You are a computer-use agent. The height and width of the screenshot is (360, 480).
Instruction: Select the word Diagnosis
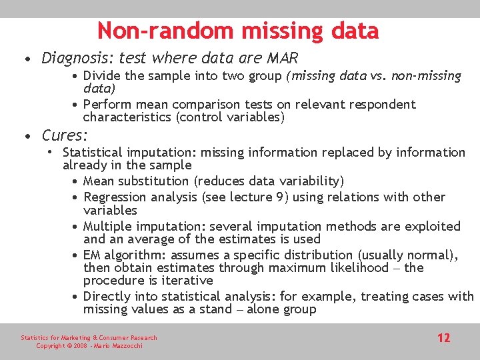[77, 59]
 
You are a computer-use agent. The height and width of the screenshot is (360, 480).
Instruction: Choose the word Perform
[107, 105]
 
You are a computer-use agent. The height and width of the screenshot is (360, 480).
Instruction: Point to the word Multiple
[107, 227]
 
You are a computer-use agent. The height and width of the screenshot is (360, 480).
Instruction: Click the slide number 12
[443, 338]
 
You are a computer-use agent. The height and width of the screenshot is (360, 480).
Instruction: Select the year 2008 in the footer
[79, 346]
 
